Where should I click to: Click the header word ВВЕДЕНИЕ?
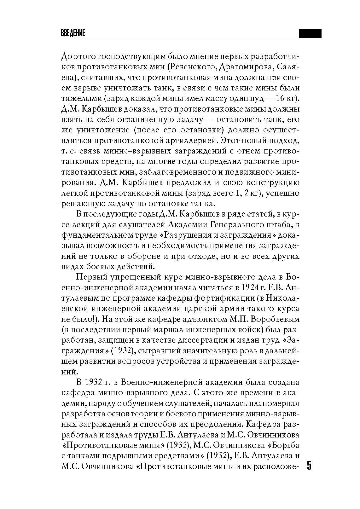click(73, 34)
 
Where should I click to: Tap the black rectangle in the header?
click(310, 34)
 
